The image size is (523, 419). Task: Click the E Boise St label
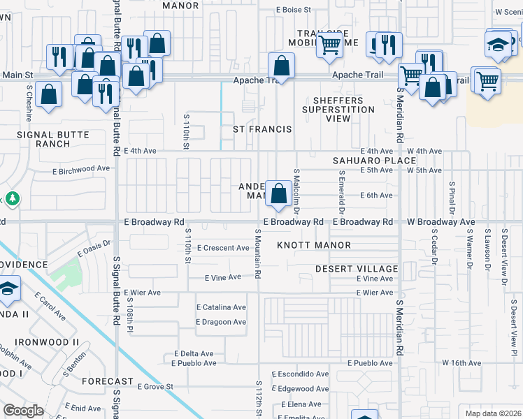[x=294, y=10]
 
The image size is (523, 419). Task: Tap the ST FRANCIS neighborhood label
[x=262, y=130]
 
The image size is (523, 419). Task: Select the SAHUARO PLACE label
[x=365, y=161]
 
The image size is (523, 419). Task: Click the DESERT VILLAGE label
[x=356, y=269]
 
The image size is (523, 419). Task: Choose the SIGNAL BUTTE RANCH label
[x=54, y=139]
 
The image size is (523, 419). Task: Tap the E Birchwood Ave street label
[x=81, y=169]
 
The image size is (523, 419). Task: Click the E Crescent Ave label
[x=223, y=248]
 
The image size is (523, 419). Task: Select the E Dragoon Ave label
[x=221, y=322]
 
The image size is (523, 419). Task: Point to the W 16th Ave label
[x=461, y=363]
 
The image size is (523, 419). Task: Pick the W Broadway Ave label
[x=440, y=222]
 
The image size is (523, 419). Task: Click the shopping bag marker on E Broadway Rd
[x=278, y=193]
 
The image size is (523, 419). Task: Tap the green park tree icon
[x=12, y=199]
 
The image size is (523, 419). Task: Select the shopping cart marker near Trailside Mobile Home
[x=330, y=45]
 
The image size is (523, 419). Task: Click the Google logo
[x=24, y=411]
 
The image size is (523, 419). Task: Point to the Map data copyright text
[x=489, y=413]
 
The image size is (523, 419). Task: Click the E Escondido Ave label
[x=300, y=374]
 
